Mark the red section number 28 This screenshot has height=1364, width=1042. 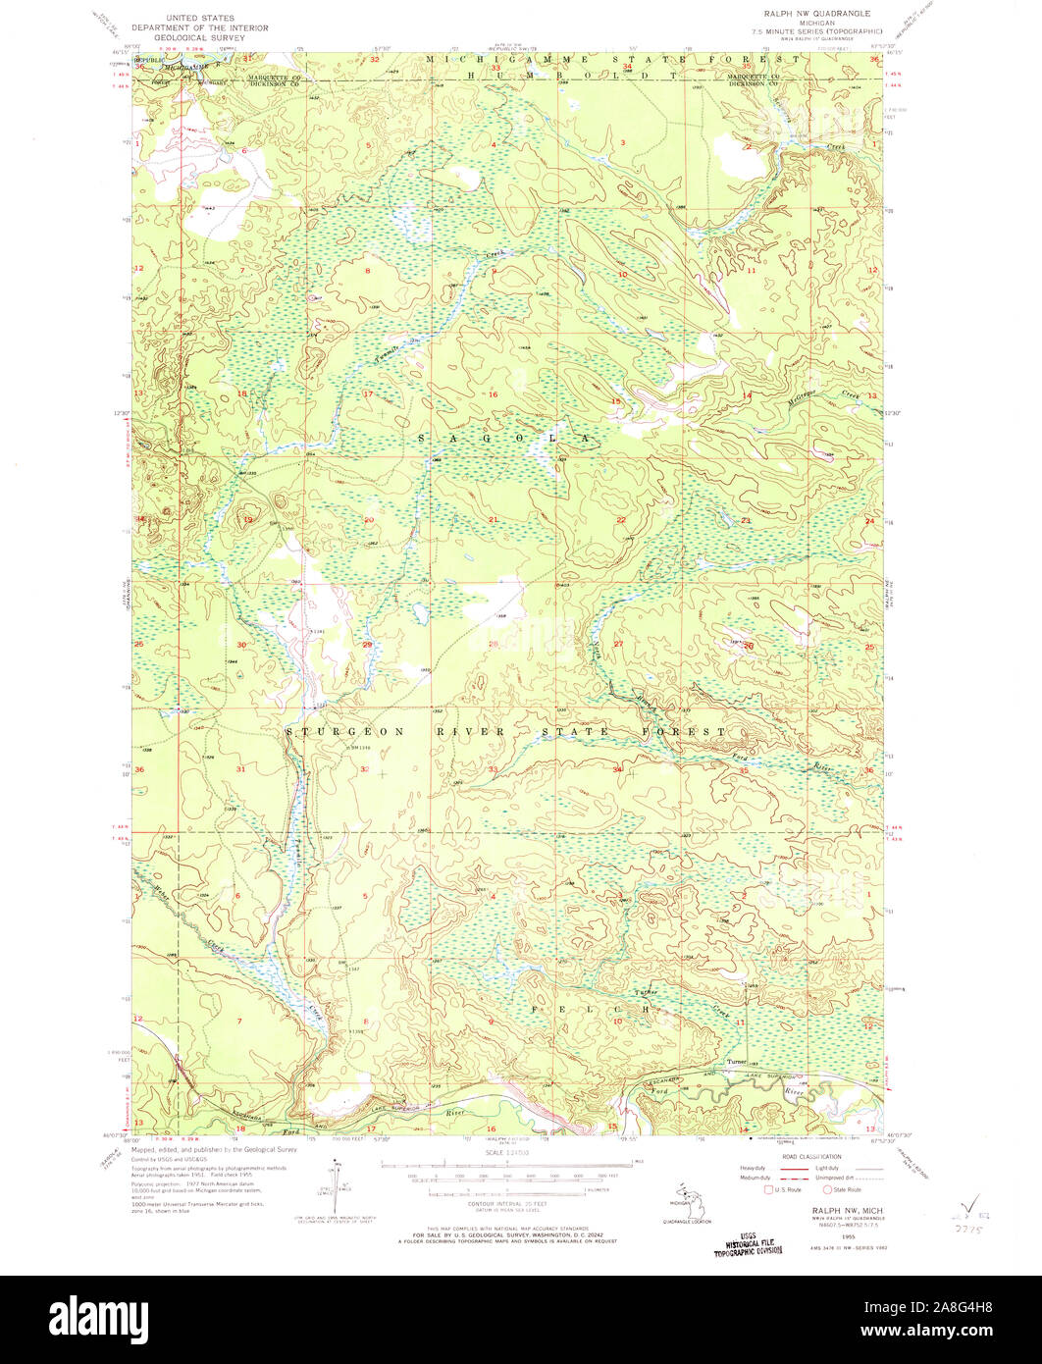(x=494, y=645)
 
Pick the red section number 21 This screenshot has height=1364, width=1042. (x=494, y=519)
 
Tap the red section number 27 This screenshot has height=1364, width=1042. (x=619, y=644)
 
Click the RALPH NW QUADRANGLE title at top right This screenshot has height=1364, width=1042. (x=809, y=14)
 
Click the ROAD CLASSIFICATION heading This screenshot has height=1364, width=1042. (x=809, y=1157)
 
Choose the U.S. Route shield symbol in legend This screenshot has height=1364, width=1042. (x=769, y=1188)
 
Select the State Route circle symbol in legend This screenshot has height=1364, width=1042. (x=826, y=1188)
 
